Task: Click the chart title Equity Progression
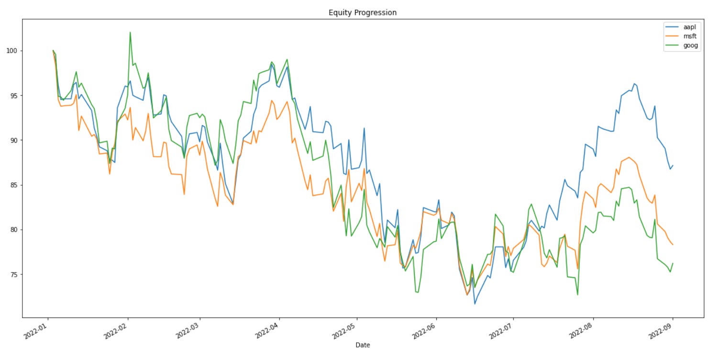click(362, 12)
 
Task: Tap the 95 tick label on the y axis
click(14, 95)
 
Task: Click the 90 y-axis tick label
click(14, 140)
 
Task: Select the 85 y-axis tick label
click(14, 185)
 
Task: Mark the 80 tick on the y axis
click(14, 230)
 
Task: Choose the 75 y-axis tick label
click(14, 274)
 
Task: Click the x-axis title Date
click(363, 345)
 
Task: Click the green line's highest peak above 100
click(130, 33)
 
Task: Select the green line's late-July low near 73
click(577, 294)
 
